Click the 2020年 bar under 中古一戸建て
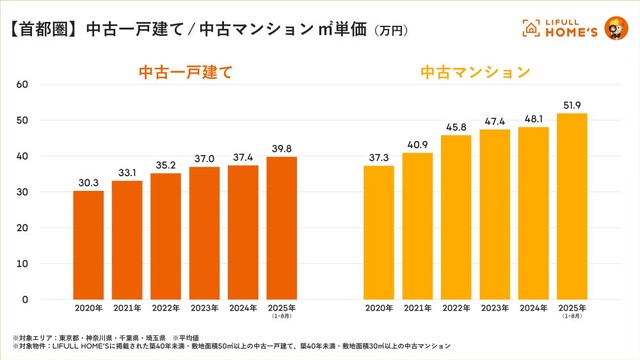coord(88,245)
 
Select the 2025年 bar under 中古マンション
coord(572,206)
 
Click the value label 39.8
coord(281,148)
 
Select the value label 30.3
coord(88,182)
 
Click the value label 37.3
coord(378,157)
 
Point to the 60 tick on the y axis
coord(23,85)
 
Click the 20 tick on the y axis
coord(23,228)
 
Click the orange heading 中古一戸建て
coord(185,73)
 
